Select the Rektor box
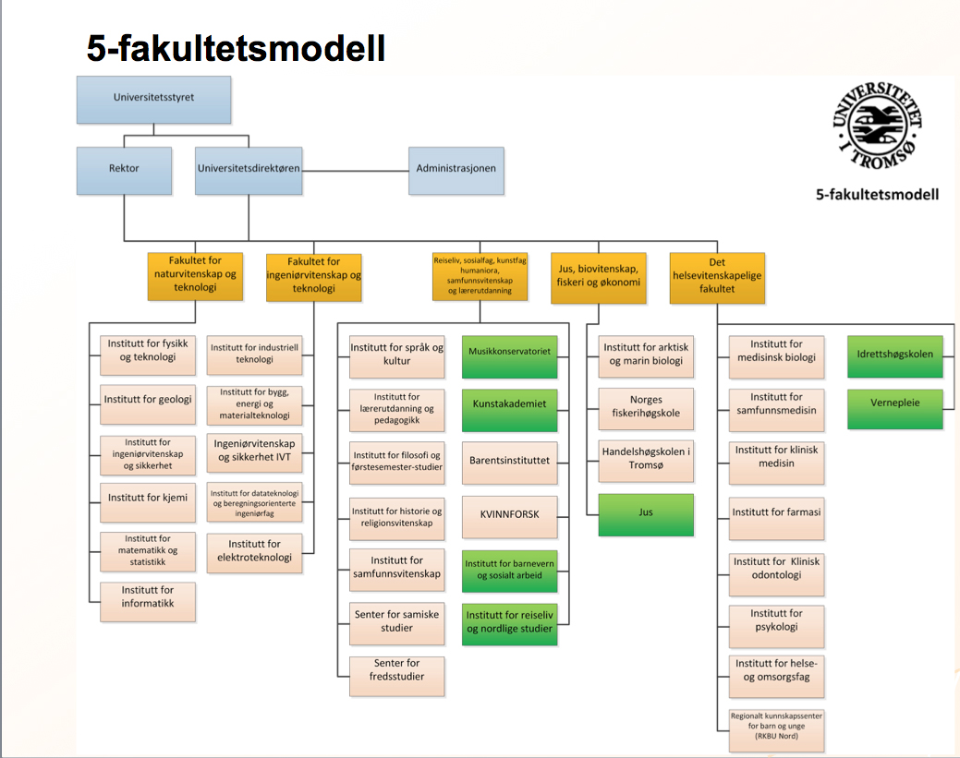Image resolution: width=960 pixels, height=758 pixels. tap(124, 170)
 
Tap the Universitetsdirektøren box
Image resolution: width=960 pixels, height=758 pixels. tap(249, 170)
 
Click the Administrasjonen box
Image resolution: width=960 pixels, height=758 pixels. tap(456, 170)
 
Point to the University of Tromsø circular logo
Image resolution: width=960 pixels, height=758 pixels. tap(877, 126)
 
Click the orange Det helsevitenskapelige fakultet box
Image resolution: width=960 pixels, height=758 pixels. tap(717, 277)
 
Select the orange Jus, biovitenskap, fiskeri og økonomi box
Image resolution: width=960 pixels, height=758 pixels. tap(596, 277)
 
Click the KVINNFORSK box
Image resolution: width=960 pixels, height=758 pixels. tap(510, 515)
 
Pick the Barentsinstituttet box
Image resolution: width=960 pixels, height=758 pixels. tap(510, 461)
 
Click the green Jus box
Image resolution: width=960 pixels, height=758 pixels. tap(646, 514)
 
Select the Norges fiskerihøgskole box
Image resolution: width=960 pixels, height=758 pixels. tap(646, 407)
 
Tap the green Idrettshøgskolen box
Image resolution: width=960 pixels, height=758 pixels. tap(895, 355)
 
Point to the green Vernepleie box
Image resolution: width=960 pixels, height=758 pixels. tap(895, 407)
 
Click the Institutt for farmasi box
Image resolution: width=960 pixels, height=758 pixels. tap(776, 515)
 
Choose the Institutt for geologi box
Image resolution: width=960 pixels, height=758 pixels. tap(148, 400)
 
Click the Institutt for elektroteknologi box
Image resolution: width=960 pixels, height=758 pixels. tap(254, 551)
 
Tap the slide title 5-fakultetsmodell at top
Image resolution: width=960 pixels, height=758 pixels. tap(236, 48)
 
